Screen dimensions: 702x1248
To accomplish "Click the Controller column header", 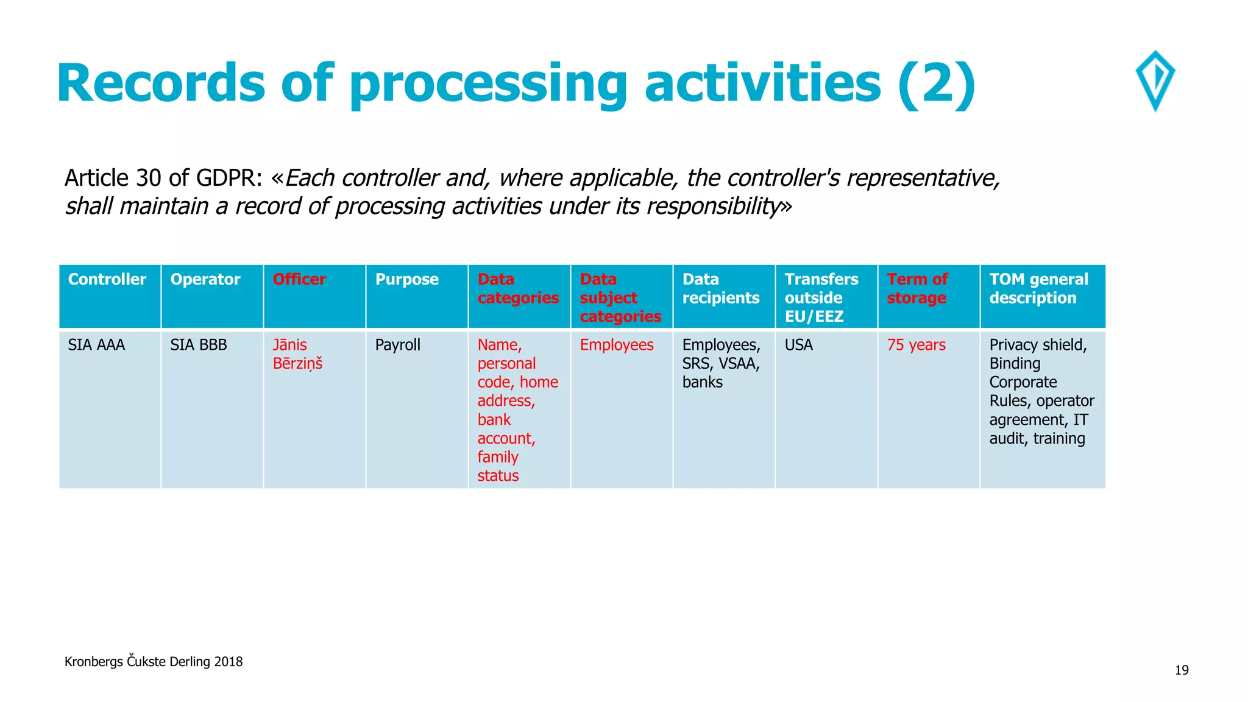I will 107,280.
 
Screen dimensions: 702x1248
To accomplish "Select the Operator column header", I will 205,280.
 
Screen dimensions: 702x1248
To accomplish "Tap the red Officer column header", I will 299,280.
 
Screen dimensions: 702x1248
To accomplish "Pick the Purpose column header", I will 406,280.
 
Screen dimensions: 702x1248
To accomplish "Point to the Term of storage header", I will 917,289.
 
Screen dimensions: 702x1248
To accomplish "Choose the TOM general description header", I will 1038,289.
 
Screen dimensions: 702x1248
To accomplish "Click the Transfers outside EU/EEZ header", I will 821,298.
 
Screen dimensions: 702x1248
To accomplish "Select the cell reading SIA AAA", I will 96,345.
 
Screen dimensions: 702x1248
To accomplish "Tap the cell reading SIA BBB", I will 199,345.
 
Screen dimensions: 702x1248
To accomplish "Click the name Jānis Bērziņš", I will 297,354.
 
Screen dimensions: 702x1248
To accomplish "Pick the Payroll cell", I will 398,345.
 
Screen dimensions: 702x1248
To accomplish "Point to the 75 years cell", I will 916,345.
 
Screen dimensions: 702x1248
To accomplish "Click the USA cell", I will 799,345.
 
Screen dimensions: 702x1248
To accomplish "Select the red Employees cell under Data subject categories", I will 617,345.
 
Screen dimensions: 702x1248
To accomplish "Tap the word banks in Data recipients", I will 703,383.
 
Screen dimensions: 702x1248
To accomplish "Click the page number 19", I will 1182,670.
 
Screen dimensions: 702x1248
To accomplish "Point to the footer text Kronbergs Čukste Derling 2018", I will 154,662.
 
